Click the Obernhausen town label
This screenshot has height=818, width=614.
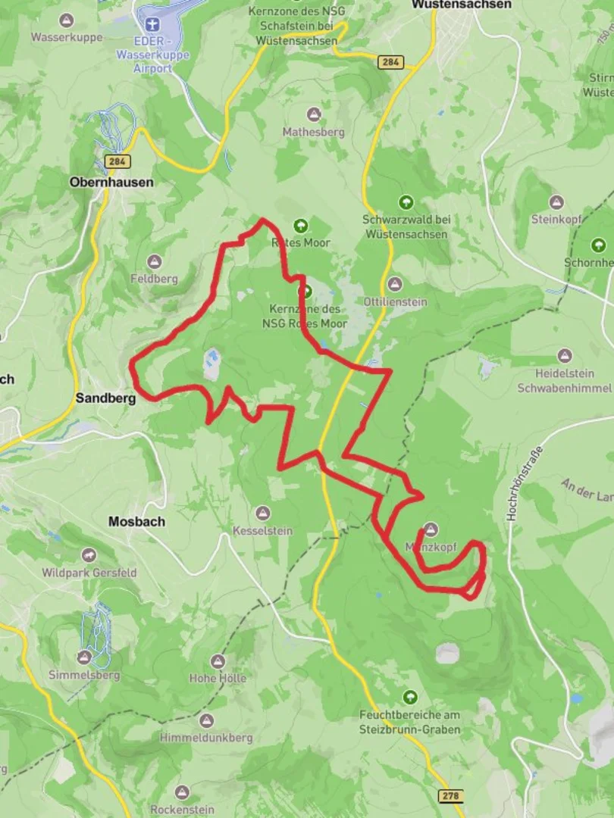[111, 183]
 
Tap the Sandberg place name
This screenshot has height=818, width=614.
[105, 398]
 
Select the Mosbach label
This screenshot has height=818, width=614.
[136, 522]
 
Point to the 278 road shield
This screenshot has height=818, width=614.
[450, 795]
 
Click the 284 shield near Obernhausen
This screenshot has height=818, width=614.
[118, 161]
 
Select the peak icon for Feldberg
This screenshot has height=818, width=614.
[155, 262]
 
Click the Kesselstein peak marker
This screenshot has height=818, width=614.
[263, 514]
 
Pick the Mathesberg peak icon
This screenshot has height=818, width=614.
[313, 114]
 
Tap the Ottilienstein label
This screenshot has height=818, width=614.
[396, 301]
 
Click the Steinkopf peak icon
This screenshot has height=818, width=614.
[556, 202]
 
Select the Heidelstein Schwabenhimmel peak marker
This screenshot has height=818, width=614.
[564, 356]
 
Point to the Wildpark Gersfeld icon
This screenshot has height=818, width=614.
[89, 555]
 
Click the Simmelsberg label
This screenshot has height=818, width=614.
[84, 675]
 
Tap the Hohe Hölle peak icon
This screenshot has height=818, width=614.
[218, 661]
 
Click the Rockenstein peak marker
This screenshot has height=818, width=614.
[182, 792]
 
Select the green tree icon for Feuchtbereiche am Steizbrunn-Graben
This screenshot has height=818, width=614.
[410, 697]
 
